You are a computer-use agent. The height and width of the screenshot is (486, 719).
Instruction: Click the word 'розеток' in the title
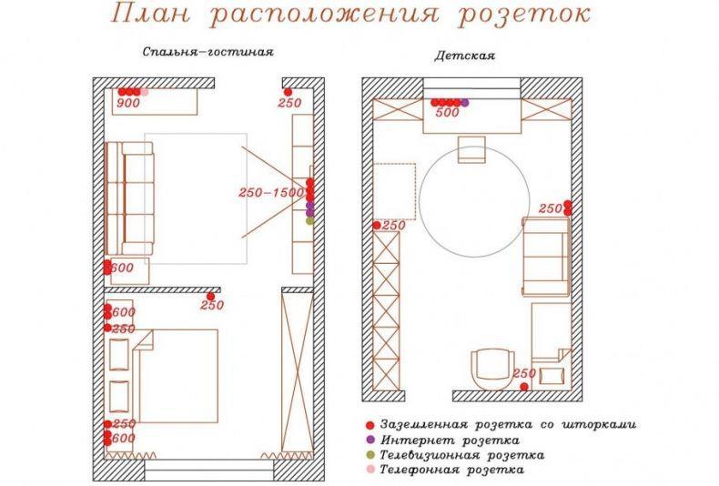524,15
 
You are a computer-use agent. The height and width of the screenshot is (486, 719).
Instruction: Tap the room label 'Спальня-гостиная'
208,52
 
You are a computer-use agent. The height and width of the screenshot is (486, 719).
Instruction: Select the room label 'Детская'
464,56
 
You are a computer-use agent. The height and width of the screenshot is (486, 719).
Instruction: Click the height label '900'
128,103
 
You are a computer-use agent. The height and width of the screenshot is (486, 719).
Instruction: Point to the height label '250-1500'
271,193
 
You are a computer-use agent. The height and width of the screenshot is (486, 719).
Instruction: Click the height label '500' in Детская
447,112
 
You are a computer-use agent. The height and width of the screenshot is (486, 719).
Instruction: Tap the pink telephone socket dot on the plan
145,92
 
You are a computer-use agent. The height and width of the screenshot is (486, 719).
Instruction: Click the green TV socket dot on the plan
310,221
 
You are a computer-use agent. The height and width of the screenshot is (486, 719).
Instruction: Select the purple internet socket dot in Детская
465,103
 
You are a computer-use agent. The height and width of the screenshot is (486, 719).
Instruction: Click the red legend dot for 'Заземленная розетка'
370,425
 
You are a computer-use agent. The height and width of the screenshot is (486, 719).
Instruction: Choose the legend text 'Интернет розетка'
450,440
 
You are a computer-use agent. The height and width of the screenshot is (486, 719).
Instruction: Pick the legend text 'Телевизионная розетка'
462,455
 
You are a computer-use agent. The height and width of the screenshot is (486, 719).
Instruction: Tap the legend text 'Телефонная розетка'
451,470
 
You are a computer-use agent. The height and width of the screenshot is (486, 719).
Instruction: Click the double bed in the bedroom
176,376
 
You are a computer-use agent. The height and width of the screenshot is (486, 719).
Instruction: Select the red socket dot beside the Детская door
523,387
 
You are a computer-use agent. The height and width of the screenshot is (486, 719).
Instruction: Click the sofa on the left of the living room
130,198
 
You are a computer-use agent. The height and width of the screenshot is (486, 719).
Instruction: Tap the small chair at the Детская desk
471,149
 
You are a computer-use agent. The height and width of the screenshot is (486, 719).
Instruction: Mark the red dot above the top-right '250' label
288,92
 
